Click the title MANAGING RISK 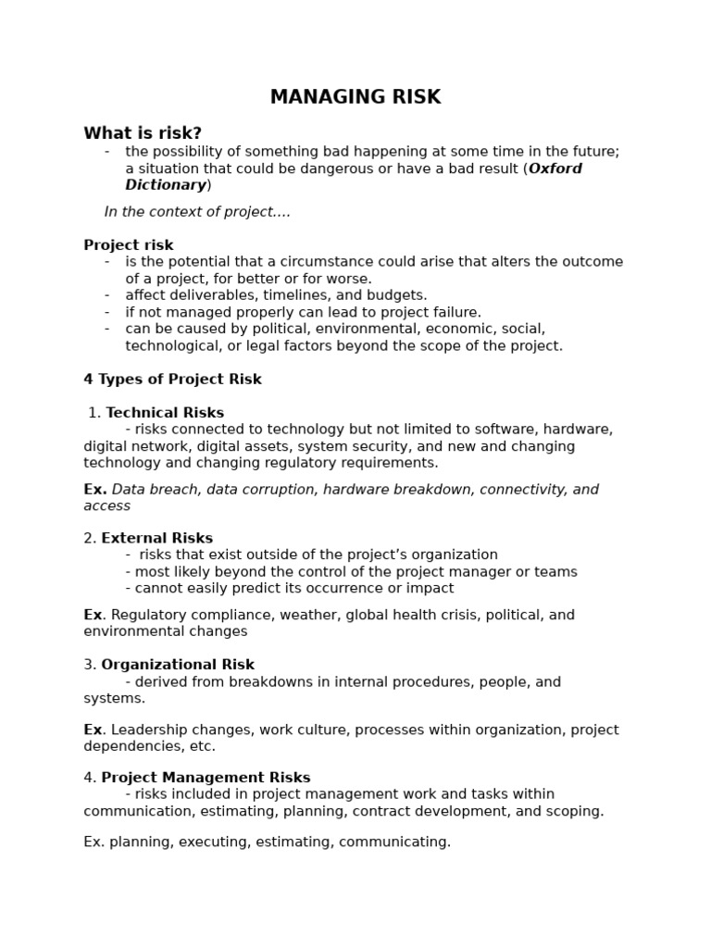pos(355,97)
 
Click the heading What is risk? pos(143,133)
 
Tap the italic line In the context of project pos(197,212)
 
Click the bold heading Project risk pos(129,245)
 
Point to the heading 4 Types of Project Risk pos(172,380)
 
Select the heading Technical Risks pos(165,413)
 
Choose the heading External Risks pos(156,538)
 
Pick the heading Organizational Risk pos(178,665)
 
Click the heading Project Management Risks pos(206,778)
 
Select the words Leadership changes pos(168,730)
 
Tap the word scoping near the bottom pos(573,811)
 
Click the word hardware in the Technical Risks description pos(576,430)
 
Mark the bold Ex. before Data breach pos(94,489)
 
